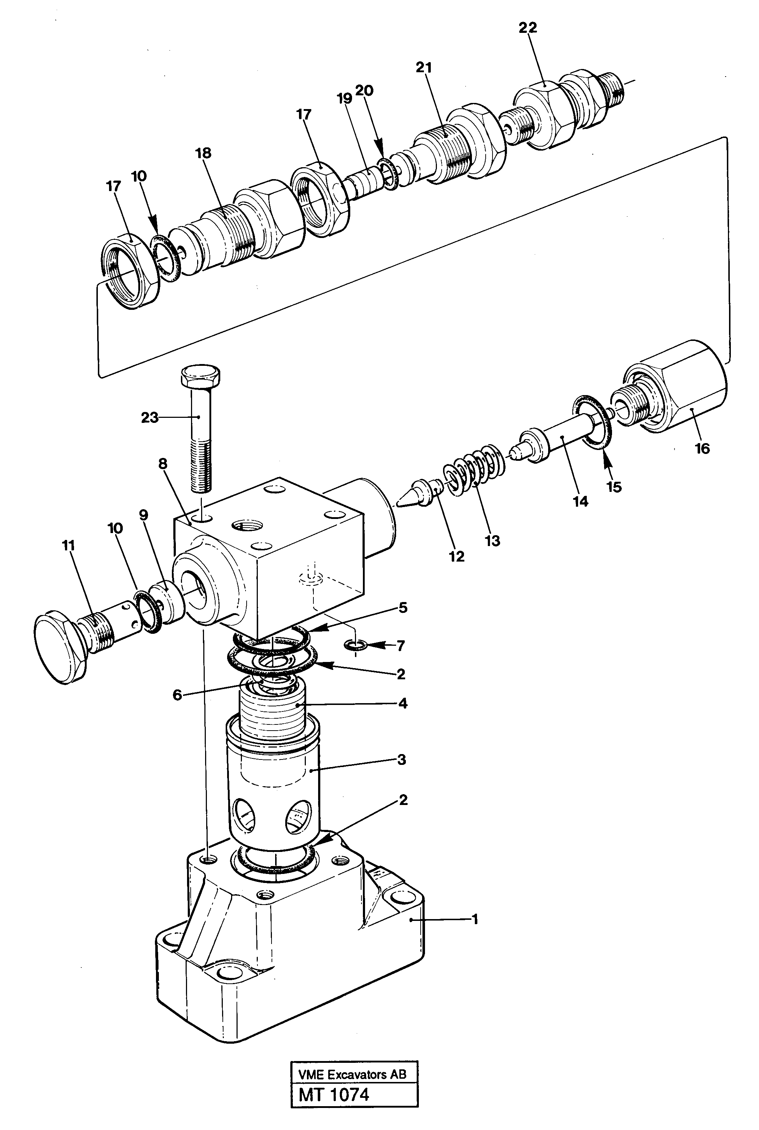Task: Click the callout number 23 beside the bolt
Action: point(149,417)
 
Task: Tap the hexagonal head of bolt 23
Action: point(200,376)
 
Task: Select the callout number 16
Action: point(702,449)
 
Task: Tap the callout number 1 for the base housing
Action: point(475,918)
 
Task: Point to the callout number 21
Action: point(424,68)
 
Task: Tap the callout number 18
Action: point(203,153)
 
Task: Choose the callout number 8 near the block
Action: point(162,464)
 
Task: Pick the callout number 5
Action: point(403,607)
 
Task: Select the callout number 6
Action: point(177,695)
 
